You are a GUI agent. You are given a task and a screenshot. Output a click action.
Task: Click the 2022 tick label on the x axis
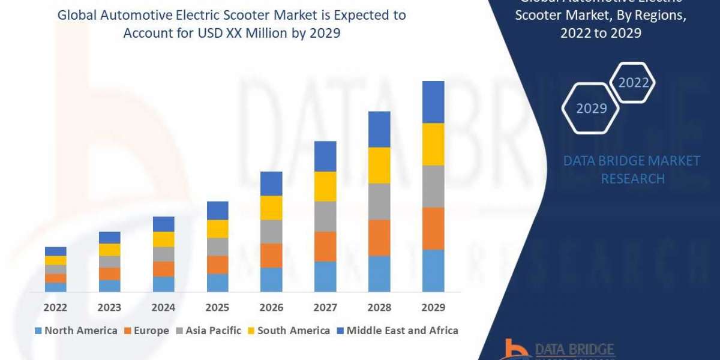pos(55,307)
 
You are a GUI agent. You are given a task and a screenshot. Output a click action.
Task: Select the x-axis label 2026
pos(271,307)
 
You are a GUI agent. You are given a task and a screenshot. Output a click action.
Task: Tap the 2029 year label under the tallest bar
pos(433,307)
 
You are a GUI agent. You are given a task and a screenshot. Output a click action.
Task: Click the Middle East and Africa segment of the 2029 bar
pos(433,102)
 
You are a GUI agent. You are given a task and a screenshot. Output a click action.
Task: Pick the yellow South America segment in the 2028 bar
pos(379,165)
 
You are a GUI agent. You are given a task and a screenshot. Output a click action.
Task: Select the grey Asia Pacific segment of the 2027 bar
pos(325,216)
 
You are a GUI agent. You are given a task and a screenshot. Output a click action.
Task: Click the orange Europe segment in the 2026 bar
pos(271,255)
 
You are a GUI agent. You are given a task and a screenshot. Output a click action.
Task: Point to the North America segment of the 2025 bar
pos(217,283)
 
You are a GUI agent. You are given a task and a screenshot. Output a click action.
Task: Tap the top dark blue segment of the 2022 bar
pos(55,251)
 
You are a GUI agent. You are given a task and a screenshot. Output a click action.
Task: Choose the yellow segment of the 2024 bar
pos(163,239)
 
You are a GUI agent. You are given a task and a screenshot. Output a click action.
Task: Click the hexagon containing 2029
pos(590,109)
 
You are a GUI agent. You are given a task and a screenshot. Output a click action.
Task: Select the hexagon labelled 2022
pos(633,83)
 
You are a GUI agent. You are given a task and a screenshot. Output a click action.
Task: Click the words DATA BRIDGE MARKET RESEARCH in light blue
pos(632,169)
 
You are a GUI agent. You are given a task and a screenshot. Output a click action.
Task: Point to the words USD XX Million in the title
pos(237,34)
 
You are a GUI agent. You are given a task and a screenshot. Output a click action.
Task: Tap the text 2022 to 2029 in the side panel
pos(601,34)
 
